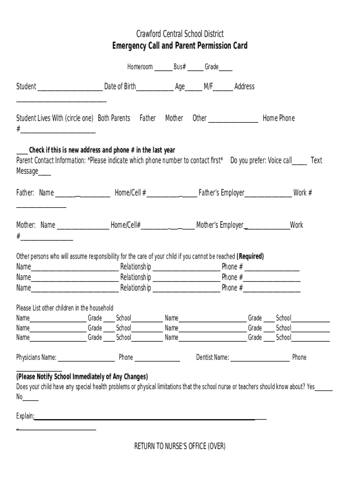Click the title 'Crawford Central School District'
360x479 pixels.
coord(180,34)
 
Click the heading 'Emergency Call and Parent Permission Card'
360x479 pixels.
coord(180,46)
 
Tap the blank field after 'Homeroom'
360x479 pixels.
coord(163,68)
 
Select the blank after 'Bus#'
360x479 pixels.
coord(195,68)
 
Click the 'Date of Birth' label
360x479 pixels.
coord(120,87)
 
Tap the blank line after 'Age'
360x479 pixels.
coord(194,87)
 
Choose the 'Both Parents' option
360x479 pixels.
coord(114,118)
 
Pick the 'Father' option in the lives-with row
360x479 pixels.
coord(147,118)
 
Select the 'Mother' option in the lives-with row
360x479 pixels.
coord(174,118)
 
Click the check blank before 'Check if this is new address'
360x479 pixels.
coord(22,151)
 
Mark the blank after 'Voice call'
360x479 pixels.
coord(300,162)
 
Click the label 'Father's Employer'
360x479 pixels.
coord(222,193)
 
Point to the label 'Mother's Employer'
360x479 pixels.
coord(220,225)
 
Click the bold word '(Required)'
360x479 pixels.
coord(250,256)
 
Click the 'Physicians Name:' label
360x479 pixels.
coord(36,357)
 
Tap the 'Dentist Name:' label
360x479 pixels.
coord(213,357)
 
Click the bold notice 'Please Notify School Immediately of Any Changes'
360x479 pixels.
coord(82,377)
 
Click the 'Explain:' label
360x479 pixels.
coord(25,416)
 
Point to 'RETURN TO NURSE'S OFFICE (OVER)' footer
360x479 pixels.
coord(180,446)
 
